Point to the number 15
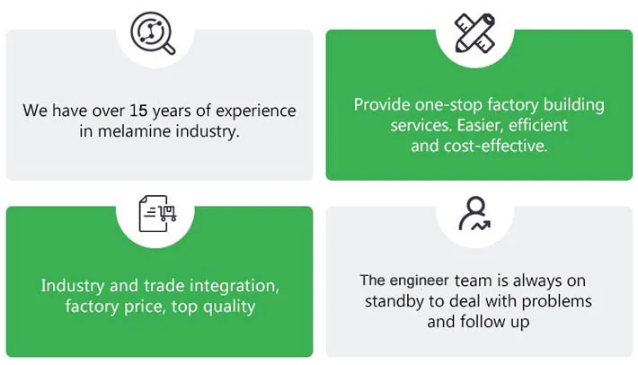137,111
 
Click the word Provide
382,105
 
